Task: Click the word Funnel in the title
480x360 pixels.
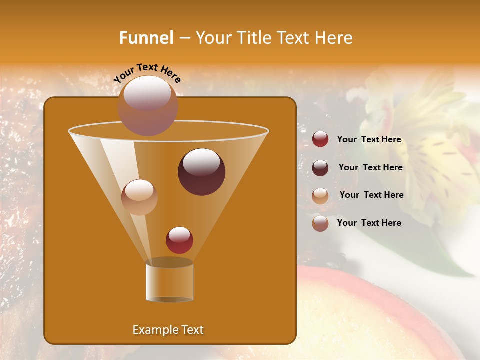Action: pos(146,38)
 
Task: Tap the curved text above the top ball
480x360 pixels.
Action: pos(147,72)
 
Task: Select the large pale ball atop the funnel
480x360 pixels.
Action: pos(148,105)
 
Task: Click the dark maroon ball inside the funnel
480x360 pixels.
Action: pos(201,172)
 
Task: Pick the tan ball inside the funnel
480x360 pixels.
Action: pos(139,197)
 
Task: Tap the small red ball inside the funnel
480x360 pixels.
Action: pos(179,240)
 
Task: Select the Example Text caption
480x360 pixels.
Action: pos(168,330)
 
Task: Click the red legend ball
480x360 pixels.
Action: pos(320,139)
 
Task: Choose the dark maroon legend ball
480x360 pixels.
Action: pos(320,168)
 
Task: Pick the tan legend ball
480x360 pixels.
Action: pos(320,196)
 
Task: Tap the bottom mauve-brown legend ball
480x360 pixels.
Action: pos(320,223)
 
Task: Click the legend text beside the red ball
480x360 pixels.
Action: pos(369,140)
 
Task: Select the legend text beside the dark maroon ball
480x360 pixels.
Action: pos(370,167)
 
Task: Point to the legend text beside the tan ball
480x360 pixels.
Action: pos(371,195)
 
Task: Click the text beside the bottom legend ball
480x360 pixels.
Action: pos(369,223)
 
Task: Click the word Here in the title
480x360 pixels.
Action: pos(335,38)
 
